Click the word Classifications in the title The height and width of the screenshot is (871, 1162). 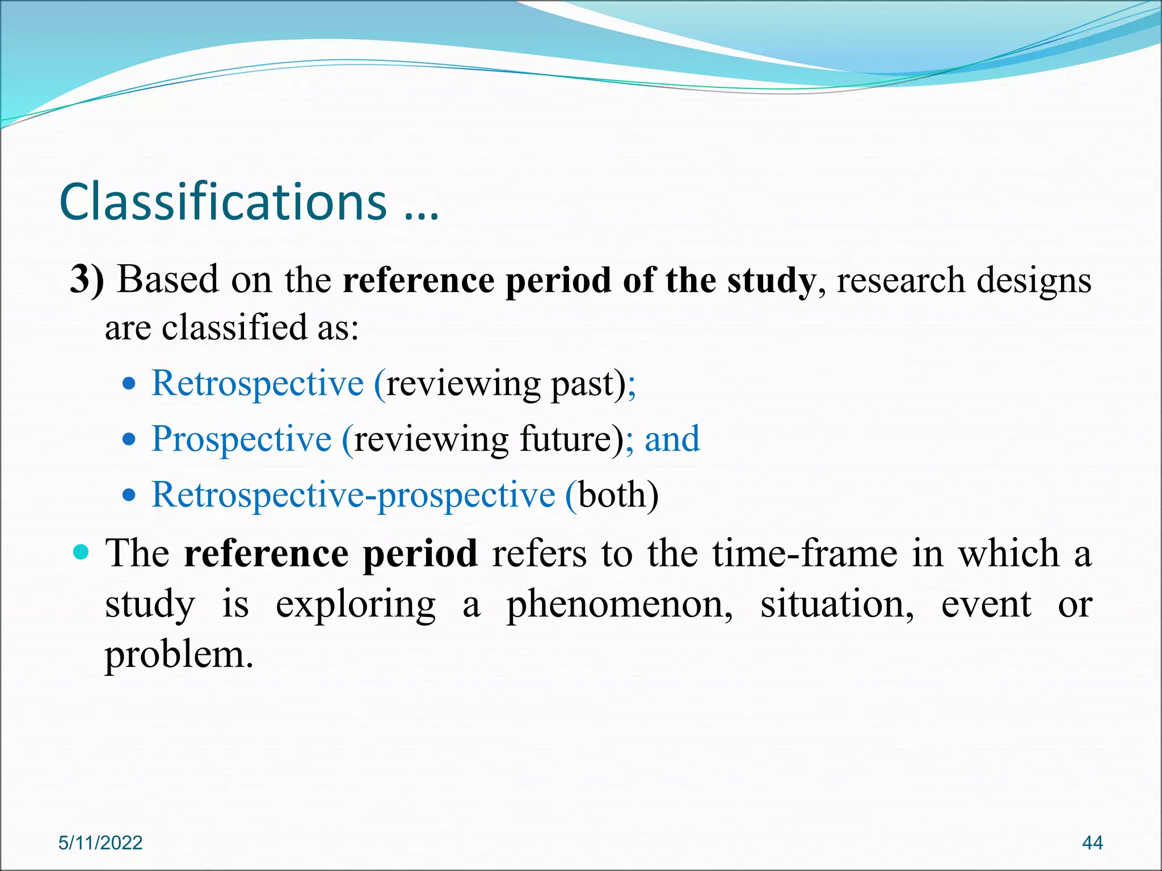tap(222, 202)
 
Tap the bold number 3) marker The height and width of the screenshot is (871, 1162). tap(87, 280)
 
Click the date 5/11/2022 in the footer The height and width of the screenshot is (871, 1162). tap(100, 843)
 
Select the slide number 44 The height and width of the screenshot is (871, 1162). tap(1092, 843)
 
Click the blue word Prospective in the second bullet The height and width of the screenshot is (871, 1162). tap(242, 439)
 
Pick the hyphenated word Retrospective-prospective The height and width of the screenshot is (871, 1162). tap(353, 494)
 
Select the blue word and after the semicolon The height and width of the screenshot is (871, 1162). tap(672, 439)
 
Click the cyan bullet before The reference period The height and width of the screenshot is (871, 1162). tap(82, 552)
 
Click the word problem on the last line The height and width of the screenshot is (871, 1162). tap(178, 656)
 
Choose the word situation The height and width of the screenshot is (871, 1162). tap(836, 604)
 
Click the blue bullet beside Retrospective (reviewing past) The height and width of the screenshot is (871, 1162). tap(130, 384)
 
